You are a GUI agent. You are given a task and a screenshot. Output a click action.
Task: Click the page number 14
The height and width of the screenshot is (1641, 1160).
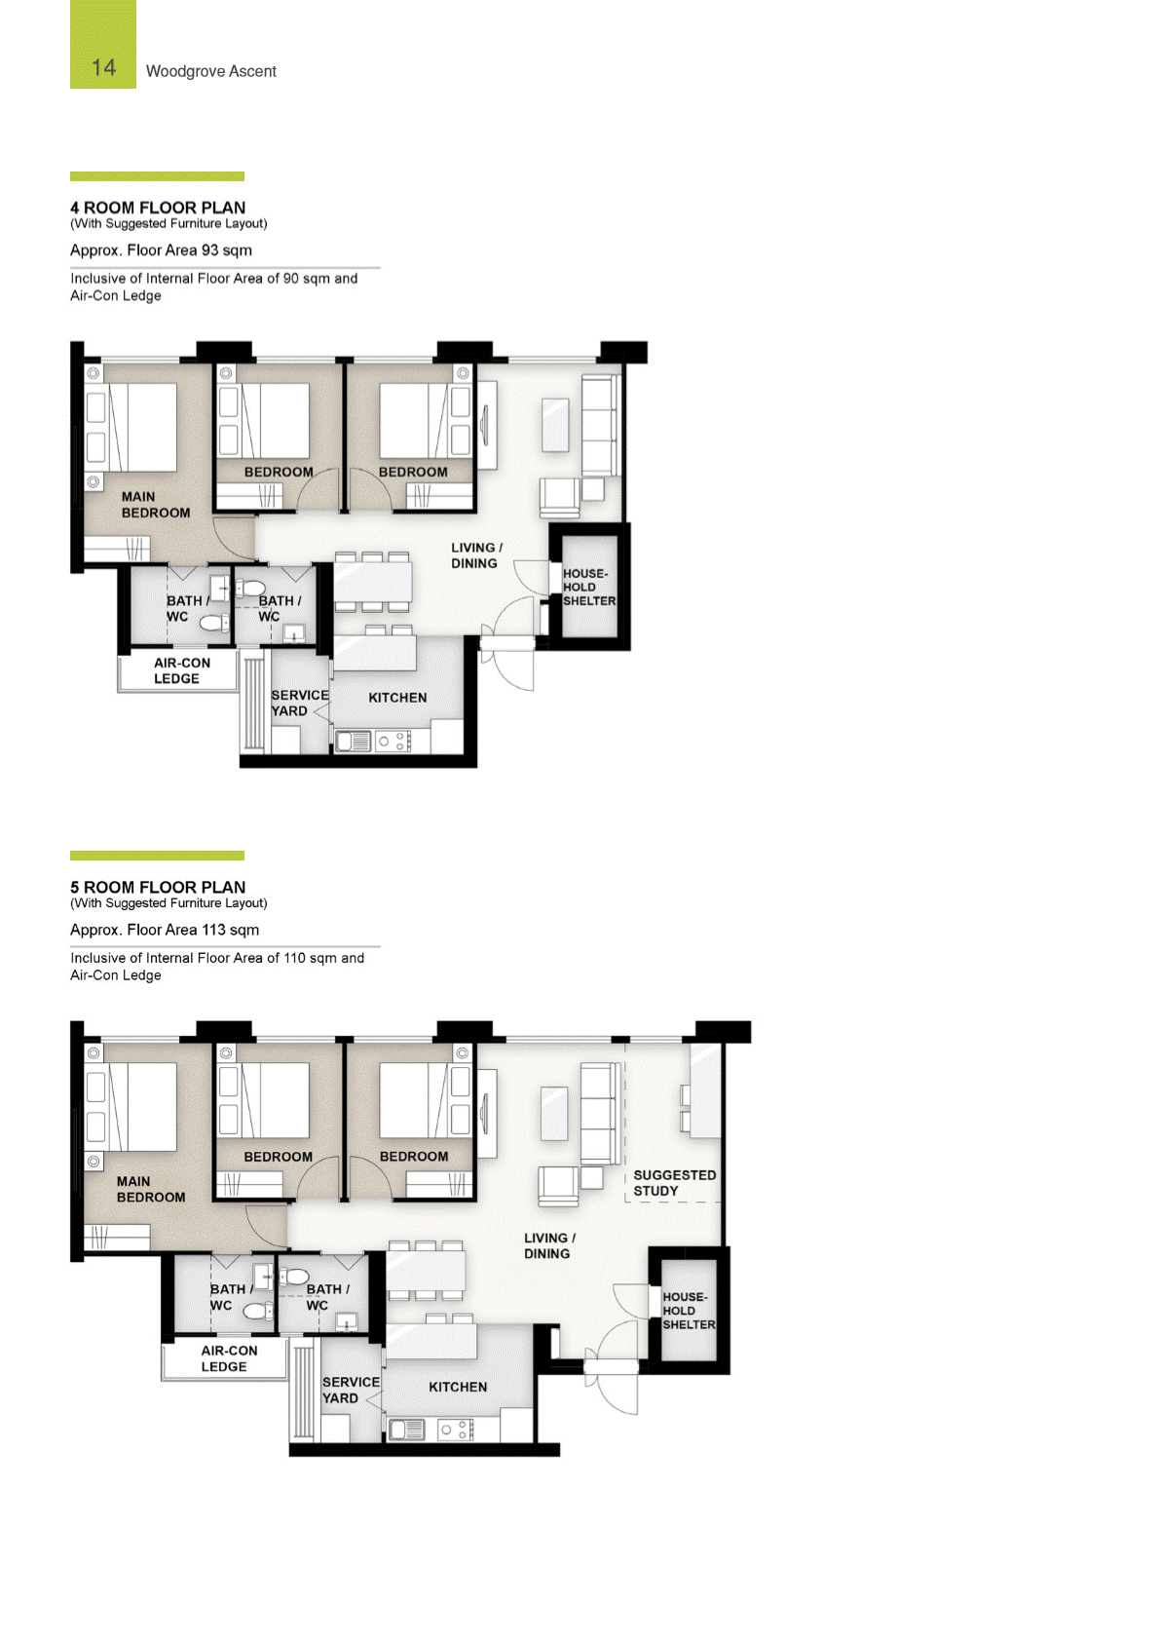pos(103,68)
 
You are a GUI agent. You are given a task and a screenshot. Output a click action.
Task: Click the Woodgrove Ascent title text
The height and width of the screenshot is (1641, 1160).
pos(211,71)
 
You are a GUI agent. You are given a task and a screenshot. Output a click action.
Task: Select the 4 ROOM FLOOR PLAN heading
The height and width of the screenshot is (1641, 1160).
pos(158,208)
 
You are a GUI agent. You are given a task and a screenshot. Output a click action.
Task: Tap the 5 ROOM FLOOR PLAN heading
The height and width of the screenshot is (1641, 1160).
pos(158,887)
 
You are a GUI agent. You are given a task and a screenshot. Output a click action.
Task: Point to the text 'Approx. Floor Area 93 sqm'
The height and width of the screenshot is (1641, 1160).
pos(161,249)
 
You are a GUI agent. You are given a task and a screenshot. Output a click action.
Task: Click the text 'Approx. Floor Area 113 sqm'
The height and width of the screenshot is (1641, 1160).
pos(165,930)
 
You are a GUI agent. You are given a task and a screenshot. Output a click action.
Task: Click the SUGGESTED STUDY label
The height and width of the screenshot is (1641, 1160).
pos(674,1182)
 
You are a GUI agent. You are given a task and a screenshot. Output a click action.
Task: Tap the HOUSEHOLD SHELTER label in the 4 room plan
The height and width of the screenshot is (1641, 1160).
pos(589,587)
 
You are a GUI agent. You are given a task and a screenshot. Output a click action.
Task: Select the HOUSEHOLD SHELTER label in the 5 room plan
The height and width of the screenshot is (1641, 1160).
pos(689,1311)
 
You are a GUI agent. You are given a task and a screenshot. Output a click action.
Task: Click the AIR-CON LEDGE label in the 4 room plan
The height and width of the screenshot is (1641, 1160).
pos(181,670)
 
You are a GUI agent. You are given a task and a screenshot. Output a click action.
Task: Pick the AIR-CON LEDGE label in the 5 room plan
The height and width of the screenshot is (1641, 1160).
pos(229,1358)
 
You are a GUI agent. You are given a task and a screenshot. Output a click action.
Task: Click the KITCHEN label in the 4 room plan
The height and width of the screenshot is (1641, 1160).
pos(397,698)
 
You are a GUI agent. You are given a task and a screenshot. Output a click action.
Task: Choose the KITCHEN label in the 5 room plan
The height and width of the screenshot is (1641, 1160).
pos(458,1387)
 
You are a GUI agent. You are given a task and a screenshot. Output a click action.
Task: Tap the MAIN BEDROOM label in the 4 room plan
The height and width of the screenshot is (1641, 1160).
pos(155,505)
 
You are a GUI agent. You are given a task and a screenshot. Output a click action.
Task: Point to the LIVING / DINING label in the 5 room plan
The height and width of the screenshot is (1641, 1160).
pos(549,1245)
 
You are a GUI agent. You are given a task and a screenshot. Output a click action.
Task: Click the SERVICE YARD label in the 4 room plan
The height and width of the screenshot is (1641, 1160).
pos(300,703)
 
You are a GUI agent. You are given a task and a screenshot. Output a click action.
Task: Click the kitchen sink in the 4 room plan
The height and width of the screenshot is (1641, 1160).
pos(353,742)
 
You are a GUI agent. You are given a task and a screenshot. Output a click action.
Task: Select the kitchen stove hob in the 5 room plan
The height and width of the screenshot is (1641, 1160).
pos(455,1430)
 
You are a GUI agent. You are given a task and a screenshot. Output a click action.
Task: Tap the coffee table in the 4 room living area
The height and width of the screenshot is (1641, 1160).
pos(555,425)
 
